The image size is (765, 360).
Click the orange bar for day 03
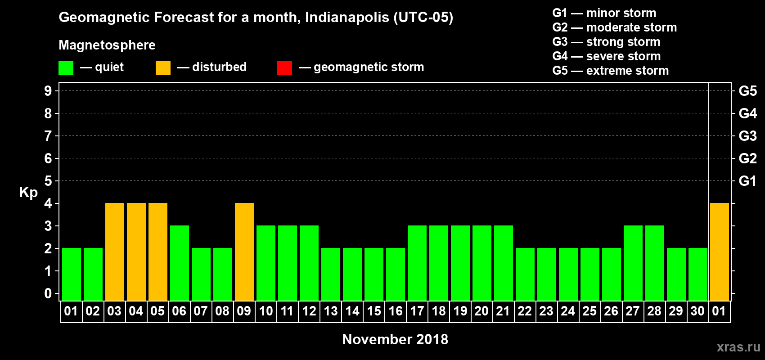(115, 252)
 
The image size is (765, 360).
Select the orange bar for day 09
(244, 252)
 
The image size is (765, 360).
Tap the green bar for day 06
(180, 263)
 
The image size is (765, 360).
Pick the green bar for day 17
(417, 263)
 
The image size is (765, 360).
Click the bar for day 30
(698, 274)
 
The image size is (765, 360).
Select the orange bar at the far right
(720, 252)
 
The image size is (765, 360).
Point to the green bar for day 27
(633, 263)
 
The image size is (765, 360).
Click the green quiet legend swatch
(66, 68)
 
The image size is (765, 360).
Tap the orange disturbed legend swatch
(163, 68)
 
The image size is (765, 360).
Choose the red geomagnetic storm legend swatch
(284, 68)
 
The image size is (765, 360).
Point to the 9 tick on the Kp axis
(48, 91)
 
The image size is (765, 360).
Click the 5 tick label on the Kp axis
(48, 181)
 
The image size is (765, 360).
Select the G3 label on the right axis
(747, 136)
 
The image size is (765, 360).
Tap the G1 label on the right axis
(747, 181)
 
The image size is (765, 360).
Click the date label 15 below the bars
(374, 311)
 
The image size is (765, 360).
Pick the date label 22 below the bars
(525, 311)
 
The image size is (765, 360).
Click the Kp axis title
(28, 192)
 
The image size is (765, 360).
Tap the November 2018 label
(395, 339)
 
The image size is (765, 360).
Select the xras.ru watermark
(738, 346)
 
